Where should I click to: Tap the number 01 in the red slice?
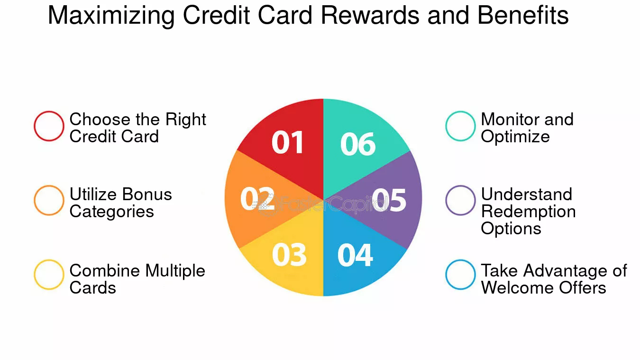click(287, 142)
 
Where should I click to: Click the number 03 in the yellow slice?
click(289, 255)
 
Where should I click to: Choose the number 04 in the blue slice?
click(355, 255)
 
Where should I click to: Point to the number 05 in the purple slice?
click(389, 200)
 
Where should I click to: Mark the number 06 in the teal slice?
click(358, 144)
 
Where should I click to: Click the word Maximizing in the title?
click(111, 16)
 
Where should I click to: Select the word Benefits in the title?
click(523, 15)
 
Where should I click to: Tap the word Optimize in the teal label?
click(515, 137)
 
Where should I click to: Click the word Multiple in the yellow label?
click(175, 271)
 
